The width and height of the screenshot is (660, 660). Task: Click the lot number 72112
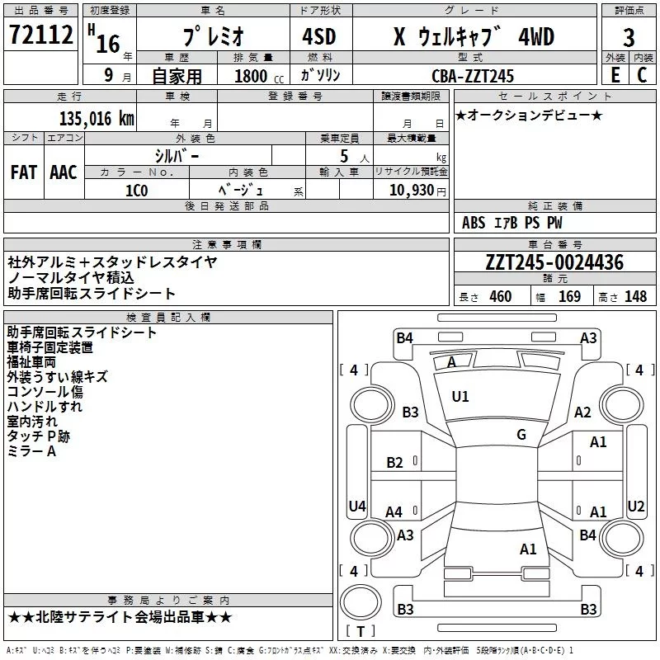point(40,34)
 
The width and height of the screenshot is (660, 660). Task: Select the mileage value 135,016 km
point(97,119)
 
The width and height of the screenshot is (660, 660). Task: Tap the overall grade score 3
point(629,37)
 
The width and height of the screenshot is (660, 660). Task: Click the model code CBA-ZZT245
point(473,76)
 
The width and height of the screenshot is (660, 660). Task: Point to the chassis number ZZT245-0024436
point(554,262)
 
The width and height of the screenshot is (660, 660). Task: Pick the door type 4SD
point(319,36)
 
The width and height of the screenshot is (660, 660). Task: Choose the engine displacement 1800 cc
point(259,76)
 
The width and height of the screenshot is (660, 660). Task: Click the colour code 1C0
point(136,191)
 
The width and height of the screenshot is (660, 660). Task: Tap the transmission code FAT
point(24,172)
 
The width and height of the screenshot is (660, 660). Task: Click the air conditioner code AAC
point(64,172)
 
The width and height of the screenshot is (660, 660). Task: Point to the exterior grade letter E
point(615,75)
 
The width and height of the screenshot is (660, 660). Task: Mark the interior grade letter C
point(642,75)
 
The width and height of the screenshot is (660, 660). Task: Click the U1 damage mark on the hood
point(460,397)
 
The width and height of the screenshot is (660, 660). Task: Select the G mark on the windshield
point(521,435)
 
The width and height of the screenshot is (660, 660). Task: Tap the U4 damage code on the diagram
point(357,506)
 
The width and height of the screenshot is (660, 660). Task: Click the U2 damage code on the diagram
point(635,506)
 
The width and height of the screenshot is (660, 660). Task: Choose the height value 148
point(635,296)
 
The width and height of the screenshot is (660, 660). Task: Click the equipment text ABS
point(474,223)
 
